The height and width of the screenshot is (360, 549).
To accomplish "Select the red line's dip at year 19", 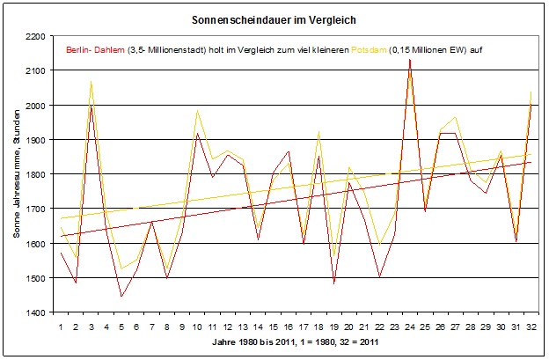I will click(334, 283).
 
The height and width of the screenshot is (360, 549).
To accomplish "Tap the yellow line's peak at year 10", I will click(197, 111).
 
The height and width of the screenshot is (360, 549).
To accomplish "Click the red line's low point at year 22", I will click(379, 276).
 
